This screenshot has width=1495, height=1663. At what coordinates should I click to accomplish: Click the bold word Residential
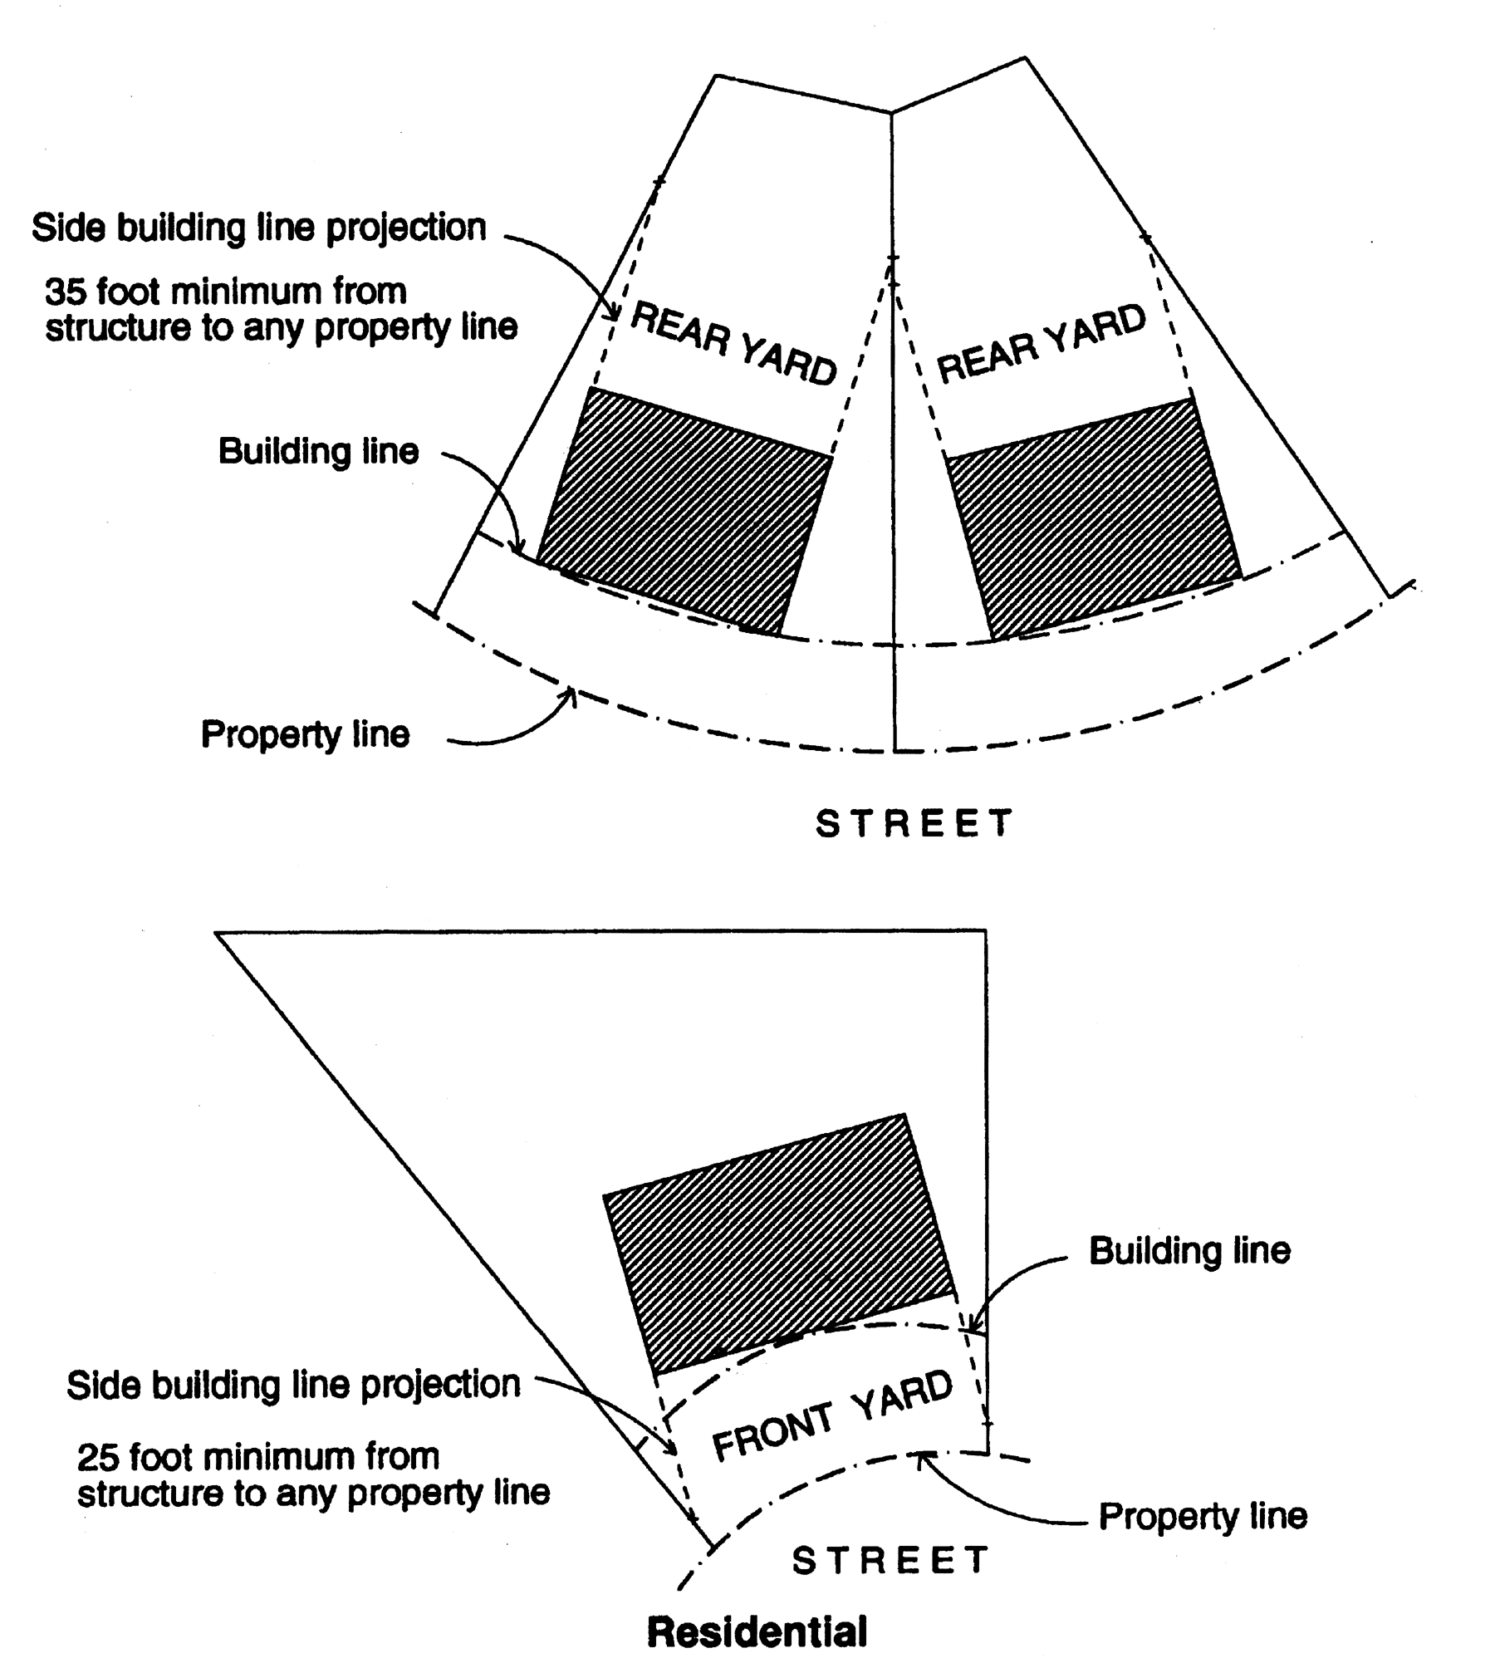tap(757, 1631)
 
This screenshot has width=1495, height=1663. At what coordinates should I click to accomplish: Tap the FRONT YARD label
tap(832, 1415)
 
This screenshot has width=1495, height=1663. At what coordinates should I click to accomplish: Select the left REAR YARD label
tap(734, 343)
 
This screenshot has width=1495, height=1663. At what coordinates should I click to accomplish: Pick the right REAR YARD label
tap(1042, 343)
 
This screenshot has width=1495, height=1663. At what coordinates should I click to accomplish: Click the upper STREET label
tap(914, 823)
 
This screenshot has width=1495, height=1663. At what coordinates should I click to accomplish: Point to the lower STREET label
tap(890, 1559)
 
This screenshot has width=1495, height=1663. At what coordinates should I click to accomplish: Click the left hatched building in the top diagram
tap(684, 512)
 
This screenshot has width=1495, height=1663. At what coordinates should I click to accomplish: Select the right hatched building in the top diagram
tap(1093, 519)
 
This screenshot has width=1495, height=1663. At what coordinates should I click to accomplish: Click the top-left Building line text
tap(318, 452)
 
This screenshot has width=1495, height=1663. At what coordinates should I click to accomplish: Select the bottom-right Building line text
tap(1189, 1250)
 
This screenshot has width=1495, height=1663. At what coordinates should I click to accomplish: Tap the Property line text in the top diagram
tap(305, 734)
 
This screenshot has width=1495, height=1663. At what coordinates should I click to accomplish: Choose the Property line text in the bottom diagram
tap(1203, 1516)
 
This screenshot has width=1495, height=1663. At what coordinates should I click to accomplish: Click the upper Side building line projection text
tap(258, 228)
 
